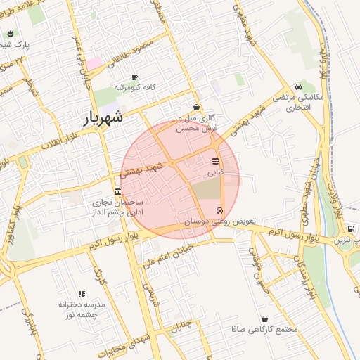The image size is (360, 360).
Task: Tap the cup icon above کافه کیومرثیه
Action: click(x=134, y=77)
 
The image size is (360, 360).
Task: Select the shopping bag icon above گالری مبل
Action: click(x=195, y=108)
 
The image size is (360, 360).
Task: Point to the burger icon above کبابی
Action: click(x=215, y=162)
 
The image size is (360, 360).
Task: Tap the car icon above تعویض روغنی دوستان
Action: click(x=220, y=210)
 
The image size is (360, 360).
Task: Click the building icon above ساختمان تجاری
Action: click(x=117, y=192)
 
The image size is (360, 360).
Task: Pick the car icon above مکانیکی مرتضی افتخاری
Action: click(x=299, y=86)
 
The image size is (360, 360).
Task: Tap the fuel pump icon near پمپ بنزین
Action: click(x=350, y=229)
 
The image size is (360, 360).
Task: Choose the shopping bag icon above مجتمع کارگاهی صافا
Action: click(x=264, y=319)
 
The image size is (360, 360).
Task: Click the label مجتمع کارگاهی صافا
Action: click(x=264, y=329)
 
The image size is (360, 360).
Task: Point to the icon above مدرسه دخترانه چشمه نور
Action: click(x=82, y=294)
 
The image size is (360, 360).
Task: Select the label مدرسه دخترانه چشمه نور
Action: click(x=82, y=310)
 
